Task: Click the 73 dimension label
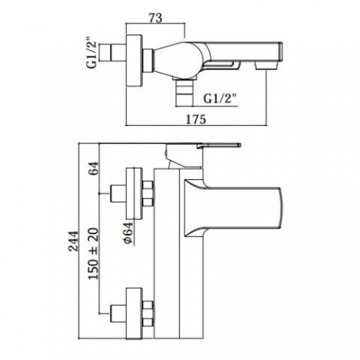pos(156,18)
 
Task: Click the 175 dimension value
pos(196,119)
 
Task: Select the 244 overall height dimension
pos(74,241)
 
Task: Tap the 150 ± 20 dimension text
pos(94,254)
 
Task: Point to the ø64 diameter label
pos(129,233)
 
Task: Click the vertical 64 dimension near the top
pos(94,169)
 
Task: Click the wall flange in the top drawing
pos(134,61)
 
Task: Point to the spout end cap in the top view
pos(280,52)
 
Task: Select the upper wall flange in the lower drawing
pos(134,194)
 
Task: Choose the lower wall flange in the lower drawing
pos(134,313)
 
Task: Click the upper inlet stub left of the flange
pos(118,193)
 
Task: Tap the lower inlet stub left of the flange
pos(118,313)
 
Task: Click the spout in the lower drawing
pos(233,208)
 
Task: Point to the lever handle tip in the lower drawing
pos(240,145)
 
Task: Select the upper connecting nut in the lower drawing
pos(148,193)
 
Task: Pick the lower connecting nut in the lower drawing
pos(148,313)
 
